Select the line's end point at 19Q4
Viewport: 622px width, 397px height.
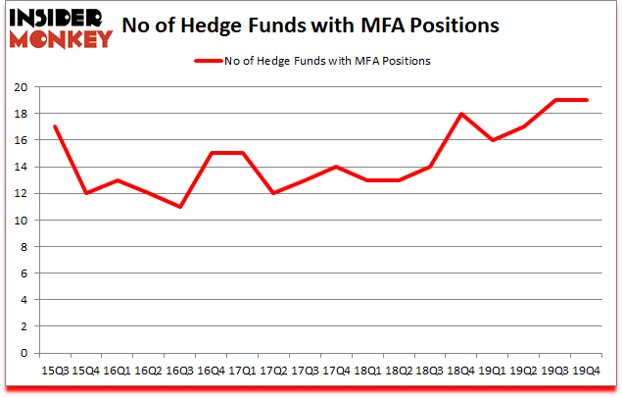[588, 100]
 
